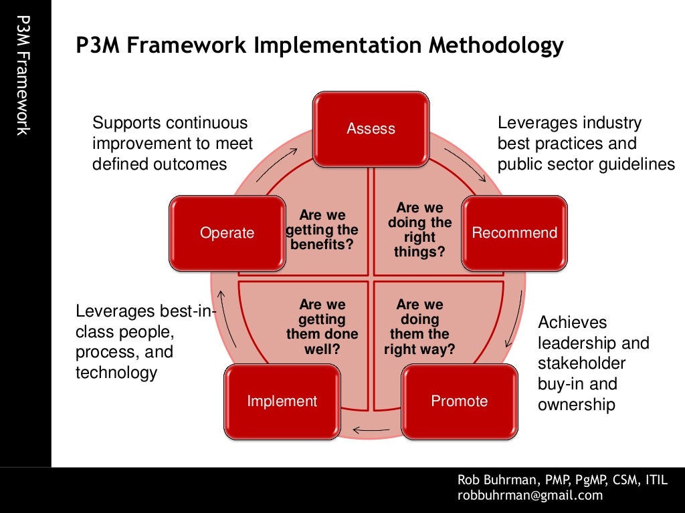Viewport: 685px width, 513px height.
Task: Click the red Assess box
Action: (x=371, y=129)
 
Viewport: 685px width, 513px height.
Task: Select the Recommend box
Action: (x=514, y=233)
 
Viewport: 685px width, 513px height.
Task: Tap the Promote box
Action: (x=459, y=401)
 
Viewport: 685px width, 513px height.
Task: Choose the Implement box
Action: (x=282, y=401)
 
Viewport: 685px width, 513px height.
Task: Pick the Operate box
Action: (x=227, y=233)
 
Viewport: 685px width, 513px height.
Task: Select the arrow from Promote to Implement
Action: (x=367, y=429)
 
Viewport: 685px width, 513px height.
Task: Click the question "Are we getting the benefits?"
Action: (x=322, y=230)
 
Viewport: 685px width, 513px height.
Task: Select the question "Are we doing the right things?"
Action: (x=420, y=230)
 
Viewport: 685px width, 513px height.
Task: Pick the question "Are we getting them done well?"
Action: (x=322, y=326)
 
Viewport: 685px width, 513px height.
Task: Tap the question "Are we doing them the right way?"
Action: (x=419, y=326)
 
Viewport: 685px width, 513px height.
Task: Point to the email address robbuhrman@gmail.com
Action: (x=530, y=495)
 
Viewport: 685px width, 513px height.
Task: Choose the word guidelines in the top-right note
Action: (x=634, y=164)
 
